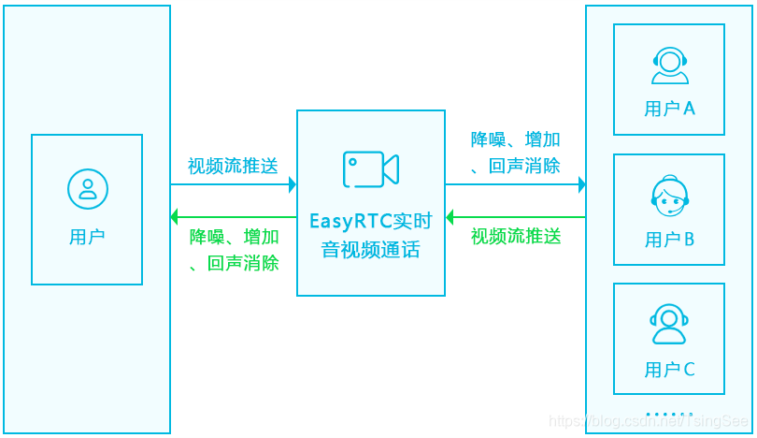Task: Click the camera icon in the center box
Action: (x=371, y=169)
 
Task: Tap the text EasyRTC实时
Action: (x=371, y=222)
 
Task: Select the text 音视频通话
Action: (x=371, y=250)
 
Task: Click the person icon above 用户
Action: (x=87, y=189)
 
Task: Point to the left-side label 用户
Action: (x=87, y=237)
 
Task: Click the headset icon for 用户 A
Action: (x=669, y=66)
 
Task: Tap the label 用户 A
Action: (x=669, y=109)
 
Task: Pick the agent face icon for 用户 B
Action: (x=669, y=195)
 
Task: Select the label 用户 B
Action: (x=669, y=240)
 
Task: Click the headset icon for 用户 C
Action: (x=669, y=324)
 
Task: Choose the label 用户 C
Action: (x=669, y=370)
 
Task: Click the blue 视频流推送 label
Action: (x=233, y=167)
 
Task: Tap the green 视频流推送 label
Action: (x=516, y=236)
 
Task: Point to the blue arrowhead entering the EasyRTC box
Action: (x=292, y=184)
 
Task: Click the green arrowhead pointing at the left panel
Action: (x=175, y=217)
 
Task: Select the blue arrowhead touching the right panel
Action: (x=581, y=184)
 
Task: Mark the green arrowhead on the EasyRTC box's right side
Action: (x=450, y=217)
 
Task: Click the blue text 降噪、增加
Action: (x=516, y=140)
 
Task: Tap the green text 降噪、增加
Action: (x=234, y=236)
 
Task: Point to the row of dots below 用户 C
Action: (x=669, y=413)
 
